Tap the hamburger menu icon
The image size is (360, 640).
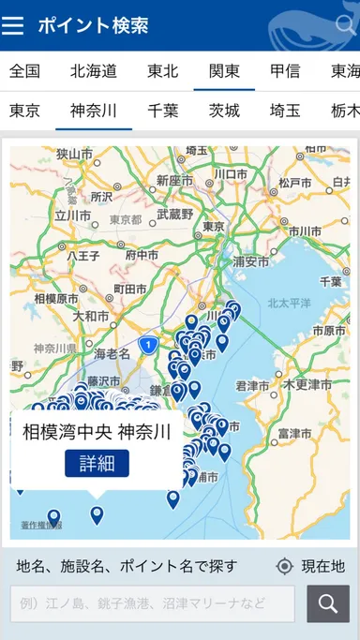(x=13, y=25)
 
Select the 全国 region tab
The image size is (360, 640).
(x=25, y=70)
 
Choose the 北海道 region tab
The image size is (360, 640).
(x=93, y=70)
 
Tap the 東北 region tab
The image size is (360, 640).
(x=163, y=70)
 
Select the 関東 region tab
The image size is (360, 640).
(x=224, y=70)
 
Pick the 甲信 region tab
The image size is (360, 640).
(x=285, y=70)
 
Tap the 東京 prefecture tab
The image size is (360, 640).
(x=25, y=111)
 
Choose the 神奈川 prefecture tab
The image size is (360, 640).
(x=94, y=111)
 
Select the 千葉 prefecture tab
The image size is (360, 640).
(x=163, y=111)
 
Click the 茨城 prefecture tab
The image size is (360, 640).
(x=224, y=111)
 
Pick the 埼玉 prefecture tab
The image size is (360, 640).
(x=285, y=111)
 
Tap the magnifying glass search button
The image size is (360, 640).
(x=327, y=604)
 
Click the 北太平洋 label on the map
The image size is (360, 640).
(x=288, y=303)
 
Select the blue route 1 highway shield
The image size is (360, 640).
(x=146, y=346)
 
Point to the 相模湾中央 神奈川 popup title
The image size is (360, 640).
(x=97, y=432)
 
